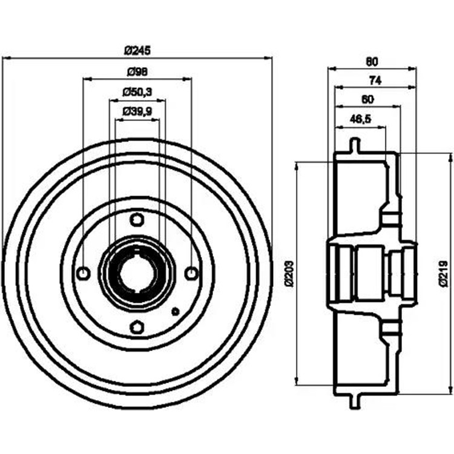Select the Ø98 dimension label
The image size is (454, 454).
tap(137, 71)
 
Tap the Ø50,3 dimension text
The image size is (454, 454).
tap(137, 92)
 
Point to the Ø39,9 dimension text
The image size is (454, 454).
tap(137, 111)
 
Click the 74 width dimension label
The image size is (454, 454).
tap(375, 80)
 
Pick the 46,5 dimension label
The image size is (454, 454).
tap(361, 119)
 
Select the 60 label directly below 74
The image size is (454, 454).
tap(367, 99)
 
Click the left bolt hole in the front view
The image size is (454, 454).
tap(84, 274)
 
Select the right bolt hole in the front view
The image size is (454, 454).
tap(191, 274)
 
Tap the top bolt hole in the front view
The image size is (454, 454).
tap(137, 219)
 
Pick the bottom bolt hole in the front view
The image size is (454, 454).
tap(137, 327)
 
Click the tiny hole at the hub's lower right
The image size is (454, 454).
tap(176, 312)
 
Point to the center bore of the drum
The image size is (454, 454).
tap(137, 274)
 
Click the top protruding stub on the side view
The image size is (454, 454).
tap(355, 146)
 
